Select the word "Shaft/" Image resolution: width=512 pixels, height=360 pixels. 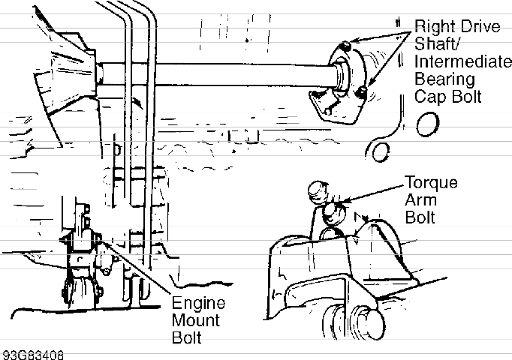click(x=435, y=45)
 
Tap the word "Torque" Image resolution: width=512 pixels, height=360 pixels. click(x=431, y=182)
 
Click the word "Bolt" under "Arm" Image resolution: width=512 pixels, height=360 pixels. click(x=420, y=217)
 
